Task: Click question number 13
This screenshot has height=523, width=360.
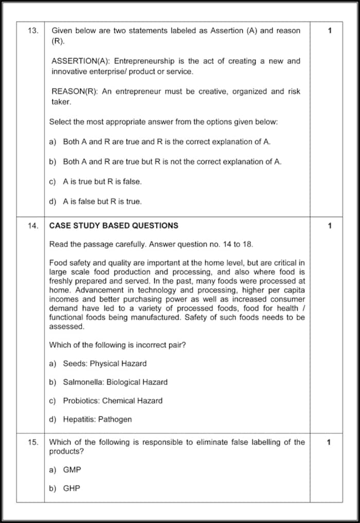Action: coord(32,31)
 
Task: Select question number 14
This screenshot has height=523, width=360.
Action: coord(32,225)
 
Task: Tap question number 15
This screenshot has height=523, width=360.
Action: coord(32,442)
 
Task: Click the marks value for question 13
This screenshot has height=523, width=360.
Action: coord(330,31)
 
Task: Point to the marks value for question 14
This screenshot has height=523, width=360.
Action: coord(330,225)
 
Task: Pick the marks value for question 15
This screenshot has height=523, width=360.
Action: coord(330,442)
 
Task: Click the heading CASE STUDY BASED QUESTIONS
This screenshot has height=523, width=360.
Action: coord(114,225)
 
